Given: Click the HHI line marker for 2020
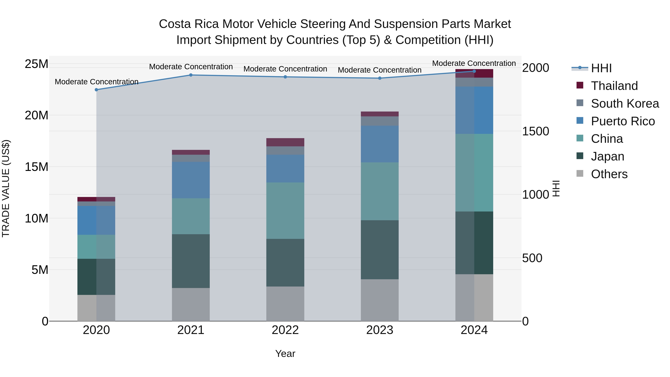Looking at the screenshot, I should pos(96,90).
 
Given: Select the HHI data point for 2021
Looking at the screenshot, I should pos(191,75).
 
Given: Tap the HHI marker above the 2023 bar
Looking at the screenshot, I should pos(379,78).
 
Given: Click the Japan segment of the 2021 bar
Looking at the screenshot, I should pos(191,261).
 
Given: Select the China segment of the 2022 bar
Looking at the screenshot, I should pos(285,211).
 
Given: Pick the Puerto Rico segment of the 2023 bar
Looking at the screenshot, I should pos(379,144).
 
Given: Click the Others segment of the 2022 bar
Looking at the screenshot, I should pos(285,304).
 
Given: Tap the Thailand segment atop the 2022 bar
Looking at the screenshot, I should pos(285,142).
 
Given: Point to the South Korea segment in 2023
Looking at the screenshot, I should pos(379,121).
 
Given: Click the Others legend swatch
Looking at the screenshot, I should pos(580,174).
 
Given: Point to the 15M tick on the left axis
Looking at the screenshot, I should pos(36,167).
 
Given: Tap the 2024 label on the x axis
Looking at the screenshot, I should pos(474,330).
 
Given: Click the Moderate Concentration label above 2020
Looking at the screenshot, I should pos(96,82).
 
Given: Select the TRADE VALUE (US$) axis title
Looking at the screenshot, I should pos(6,188).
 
